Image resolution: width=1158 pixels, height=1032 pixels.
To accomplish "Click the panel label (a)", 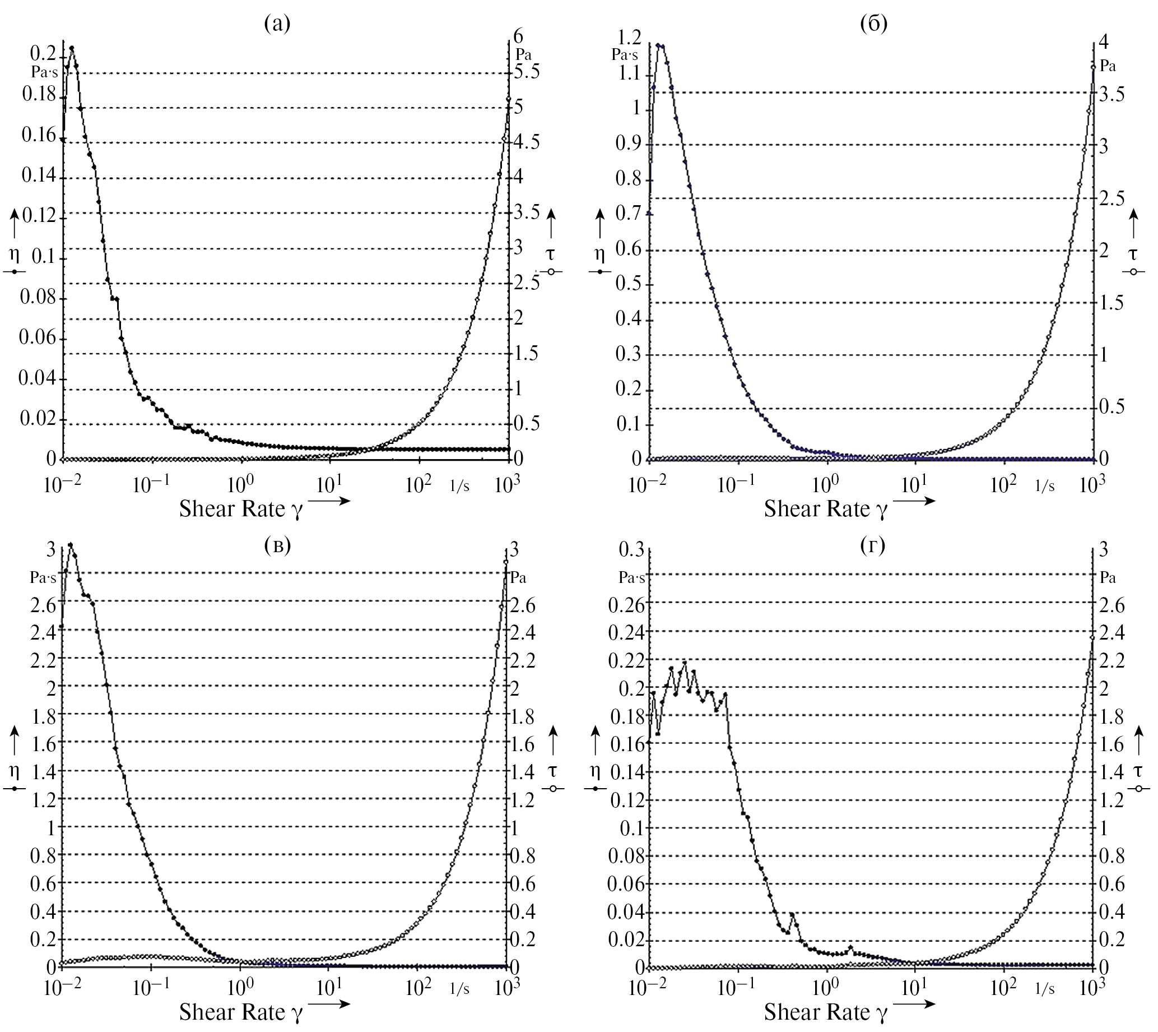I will point(277,24).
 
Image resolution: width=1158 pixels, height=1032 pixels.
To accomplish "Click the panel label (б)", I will point(873,24).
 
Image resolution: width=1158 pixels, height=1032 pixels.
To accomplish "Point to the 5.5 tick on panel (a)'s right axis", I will point(527,72).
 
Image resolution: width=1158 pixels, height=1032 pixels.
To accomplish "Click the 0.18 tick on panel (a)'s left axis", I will point(39,95).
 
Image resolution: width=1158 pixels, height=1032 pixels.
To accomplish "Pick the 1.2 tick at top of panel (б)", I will point(629,38).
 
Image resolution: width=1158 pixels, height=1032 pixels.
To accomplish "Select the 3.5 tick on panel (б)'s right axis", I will point(1112,94).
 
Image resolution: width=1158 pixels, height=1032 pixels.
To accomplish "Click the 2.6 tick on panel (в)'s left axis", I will point(43,604).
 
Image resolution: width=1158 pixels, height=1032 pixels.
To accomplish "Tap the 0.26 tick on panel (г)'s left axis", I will point(626,604).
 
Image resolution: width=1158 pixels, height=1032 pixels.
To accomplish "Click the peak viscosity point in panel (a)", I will point(72,48).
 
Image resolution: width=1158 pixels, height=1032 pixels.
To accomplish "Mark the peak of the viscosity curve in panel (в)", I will point(70,545).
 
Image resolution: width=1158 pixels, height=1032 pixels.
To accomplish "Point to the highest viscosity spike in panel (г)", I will point(685,662).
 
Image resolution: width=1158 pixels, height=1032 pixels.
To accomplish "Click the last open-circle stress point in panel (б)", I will point(1093,67).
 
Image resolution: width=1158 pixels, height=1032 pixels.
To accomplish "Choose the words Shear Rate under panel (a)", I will point(231,508).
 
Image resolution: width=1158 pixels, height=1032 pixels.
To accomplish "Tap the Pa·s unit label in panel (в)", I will point(43,578).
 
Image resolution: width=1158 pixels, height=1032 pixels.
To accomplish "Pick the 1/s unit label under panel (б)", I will point(1045,485).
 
